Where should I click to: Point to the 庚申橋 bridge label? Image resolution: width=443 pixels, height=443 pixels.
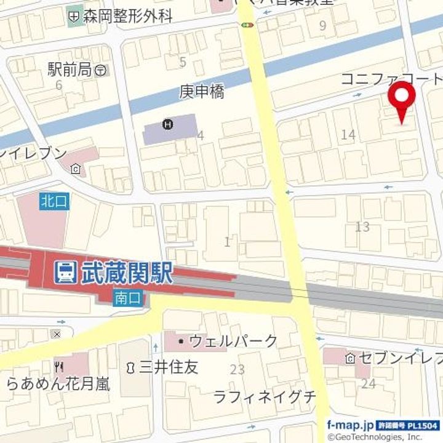(202, 92)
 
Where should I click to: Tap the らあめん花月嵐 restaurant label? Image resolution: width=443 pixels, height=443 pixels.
(59, 385)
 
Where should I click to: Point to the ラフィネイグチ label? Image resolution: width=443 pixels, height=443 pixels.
(265, 397)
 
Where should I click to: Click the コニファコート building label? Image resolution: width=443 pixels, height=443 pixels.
(391, 79)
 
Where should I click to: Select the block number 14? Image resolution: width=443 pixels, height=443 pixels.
(348, 135)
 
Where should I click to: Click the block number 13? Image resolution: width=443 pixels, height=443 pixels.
(362, 227)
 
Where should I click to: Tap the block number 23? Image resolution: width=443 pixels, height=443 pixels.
(237, 370)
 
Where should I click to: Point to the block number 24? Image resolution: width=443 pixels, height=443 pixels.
(369, 384)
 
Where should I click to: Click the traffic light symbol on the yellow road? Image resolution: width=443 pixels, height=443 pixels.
(248, 25)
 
